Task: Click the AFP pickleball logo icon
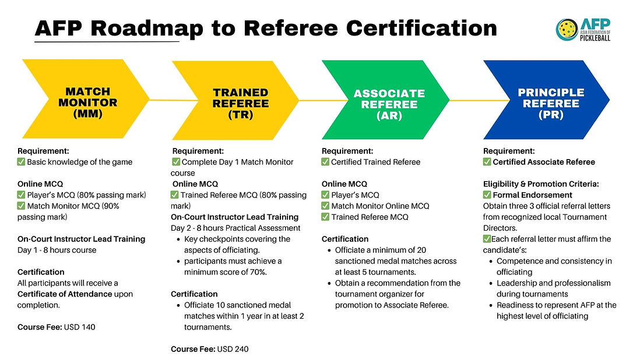[567, 29]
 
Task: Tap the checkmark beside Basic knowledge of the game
[22, 162]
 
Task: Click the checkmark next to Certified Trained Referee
[326, 162]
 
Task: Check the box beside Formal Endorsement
[487, 195]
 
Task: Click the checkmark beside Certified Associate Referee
[487, 162]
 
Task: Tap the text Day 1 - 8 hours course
[56, 250]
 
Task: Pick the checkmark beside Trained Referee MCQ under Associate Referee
[326, 217]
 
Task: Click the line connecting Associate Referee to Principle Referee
[466, 100]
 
